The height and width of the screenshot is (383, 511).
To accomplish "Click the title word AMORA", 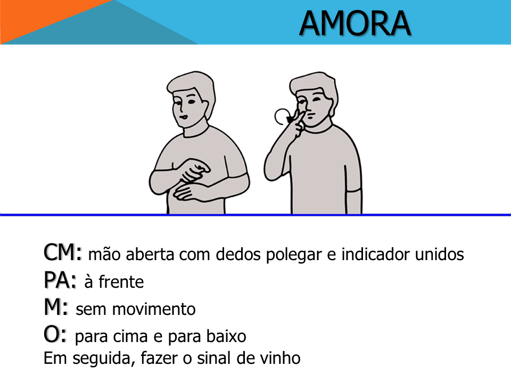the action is point(355,23).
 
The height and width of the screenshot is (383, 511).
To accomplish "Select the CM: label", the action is point(62,252).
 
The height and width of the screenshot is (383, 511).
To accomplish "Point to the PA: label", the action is point(60,280).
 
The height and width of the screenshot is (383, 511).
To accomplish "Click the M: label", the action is point(56,307).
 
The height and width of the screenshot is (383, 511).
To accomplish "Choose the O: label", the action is point(55,335).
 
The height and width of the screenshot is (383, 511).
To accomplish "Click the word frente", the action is point(121,282).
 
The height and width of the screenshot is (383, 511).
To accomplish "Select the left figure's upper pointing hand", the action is point(195,170).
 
